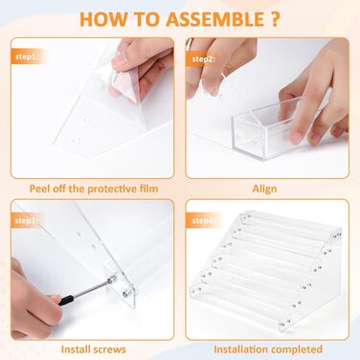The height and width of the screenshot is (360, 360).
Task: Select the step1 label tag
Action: (x=27, y=56)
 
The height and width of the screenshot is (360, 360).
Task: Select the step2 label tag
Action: (x=203, y=59)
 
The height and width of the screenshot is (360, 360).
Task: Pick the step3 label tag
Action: (x=27, y=220)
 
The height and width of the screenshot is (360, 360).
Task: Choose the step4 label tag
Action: (x=202, y=220)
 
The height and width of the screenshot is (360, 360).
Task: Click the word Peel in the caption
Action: (x=39, y=189)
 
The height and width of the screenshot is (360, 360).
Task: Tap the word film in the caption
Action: (x=147, y=189)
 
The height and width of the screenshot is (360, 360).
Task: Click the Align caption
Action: (x=264, y=189)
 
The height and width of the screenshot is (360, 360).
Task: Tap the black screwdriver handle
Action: (x=66, y=300)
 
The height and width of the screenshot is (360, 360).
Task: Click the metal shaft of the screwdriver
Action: (x=92, y=289)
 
